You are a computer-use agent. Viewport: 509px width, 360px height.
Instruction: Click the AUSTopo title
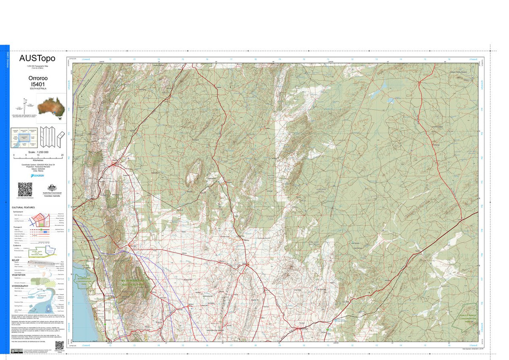[x=37, y=58]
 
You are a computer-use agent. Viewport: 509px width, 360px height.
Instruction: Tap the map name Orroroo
[x=38, y=79]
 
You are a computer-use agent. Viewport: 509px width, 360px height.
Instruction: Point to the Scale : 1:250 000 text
[x=38, y=152]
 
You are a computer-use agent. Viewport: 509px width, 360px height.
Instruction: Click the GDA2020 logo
[x=38, y=175]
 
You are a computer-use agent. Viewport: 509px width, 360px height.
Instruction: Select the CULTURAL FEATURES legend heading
[x=23, y=207]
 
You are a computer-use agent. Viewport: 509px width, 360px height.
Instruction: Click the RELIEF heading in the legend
[x=16, y=259]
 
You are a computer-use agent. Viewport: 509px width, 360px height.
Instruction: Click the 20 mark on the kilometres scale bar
[x=62, y=156]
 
